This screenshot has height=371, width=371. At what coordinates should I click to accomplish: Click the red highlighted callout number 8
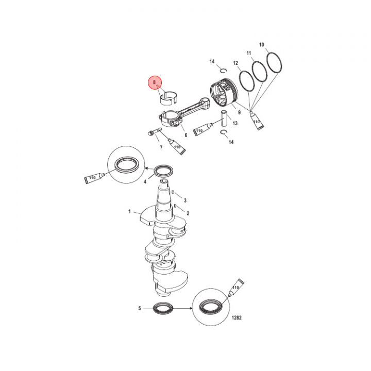155,82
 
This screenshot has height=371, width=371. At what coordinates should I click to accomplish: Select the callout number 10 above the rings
261,45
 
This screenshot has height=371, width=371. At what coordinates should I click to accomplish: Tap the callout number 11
249,53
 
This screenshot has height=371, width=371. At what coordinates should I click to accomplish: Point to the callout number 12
235,63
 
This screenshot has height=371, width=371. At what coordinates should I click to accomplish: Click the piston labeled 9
224,93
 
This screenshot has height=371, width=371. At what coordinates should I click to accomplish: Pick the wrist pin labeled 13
224,119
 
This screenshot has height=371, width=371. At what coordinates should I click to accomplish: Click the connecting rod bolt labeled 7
154,132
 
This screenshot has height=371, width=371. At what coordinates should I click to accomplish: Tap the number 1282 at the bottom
237,317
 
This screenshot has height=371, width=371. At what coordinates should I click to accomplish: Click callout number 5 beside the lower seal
140,308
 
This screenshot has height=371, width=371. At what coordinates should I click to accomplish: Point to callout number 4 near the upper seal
145,181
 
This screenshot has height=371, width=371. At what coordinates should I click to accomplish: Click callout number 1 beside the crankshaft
129,211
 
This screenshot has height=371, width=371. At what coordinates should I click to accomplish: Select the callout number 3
185,200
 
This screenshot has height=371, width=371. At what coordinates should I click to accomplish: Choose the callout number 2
188,213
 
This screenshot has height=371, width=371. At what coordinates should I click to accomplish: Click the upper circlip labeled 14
223,70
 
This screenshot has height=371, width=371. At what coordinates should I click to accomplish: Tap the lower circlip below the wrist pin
224,132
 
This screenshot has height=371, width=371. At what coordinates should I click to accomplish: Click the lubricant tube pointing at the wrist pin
201,130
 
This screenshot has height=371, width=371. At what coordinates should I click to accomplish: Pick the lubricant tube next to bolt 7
177,147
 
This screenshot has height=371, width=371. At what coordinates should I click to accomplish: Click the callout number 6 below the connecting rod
186,135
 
